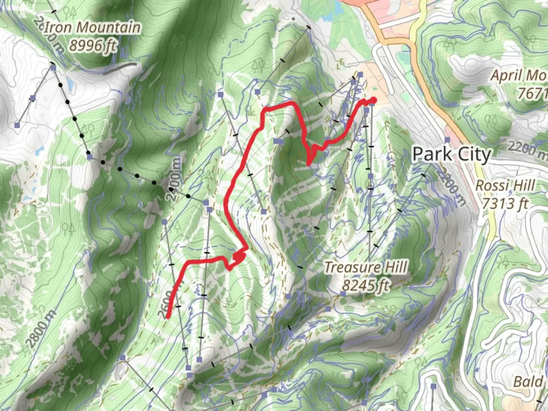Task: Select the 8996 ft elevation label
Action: click(92, 46)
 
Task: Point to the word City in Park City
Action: click(474, 155)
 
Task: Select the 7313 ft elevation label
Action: click(505, 203)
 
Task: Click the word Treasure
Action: click(353, 267)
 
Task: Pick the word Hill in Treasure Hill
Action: click(396, 267)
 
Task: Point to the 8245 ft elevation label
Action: click(365, 285)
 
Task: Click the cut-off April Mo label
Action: click(519, 76)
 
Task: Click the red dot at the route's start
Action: click(373, 100)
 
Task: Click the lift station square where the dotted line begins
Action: click(53, 68)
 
